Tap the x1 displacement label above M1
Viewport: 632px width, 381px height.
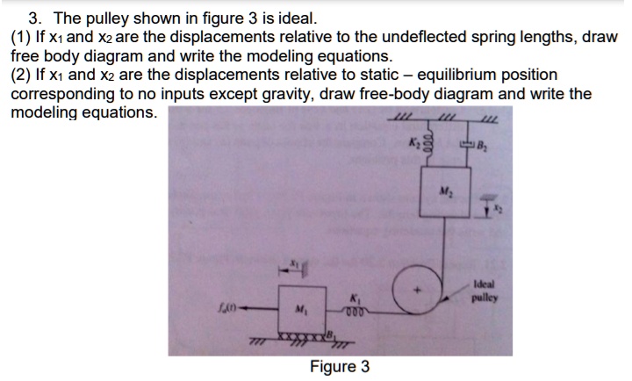[x=295, y=262]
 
